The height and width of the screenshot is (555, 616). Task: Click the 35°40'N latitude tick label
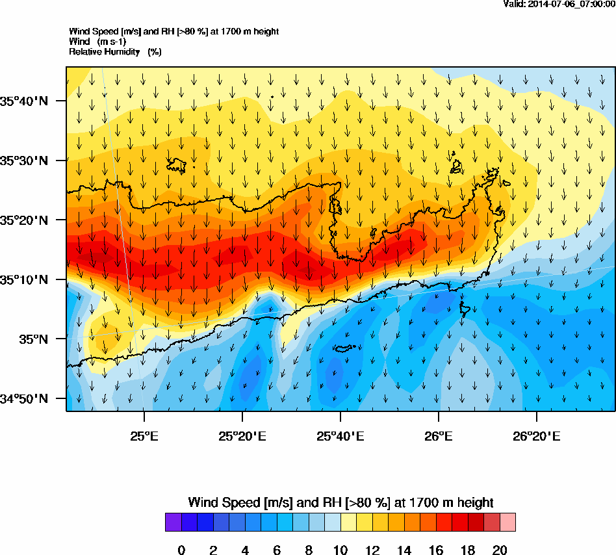pos(24,101)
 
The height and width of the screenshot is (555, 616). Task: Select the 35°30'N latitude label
pos(24,161)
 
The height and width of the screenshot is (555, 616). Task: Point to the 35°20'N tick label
pos(24,220)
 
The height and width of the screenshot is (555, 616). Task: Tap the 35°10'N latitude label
pos(24,279)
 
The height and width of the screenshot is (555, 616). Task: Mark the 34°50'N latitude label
pos(24,398)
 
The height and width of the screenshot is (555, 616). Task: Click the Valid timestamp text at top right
pos(559,4)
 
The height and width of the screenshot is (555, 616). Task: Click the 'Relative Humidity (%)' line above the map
pos(115,51)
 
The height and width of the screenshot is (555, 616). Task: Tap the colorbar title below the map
pos(340,502)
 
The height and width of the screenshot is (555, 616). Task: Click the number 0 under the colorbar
pos(181,550)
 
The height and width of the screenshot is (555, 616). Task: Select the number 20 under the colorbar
pos(500,550)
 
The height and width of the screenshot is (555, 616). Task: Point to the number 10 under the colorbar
pos(340,550)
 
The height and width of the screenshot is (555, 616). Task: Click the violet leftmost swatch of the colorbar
pos(173,523)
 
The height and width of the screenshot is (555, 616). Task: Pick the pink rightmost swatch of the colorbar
pos(507,523)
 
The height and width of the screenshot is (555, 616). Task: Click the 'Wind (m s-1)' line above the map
pos(102,42)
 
